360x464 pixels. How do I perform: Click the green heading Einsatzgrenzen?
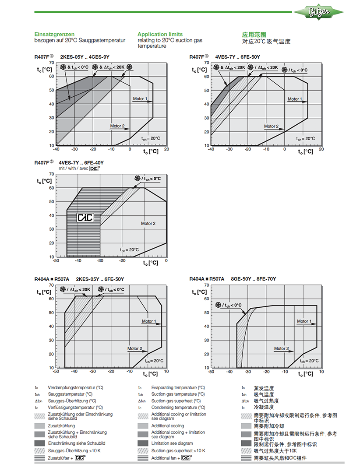point(54,34)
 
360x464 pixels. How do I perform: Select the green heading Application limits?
point(160,34)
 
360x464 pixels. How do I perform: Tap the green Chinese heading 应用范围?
point(254,35)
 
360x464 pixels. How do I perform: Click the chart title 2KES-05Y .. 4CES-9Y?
point(85,57)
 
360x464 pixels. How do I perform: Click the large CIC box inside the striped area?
point(85,218)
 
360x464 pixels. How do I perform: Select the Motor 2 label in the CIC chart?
point(148,224)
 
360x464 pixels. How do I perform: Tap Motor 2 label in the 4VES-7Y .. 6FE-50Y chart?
point(271,127)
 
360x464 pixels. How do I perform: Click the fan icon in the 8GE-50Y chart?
point(218,305)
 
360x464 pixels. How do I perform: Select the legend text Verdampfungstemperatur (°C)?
point(75,388)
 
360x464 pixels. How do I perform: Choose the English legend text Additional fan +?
point(166,457)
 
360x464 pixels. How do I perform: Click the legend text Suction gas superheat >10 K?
point(178,450)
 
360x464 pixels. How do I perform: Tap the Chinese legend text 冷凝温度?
point(264,408)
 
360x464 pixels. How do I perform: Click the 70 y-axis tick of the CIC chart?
point(52,174)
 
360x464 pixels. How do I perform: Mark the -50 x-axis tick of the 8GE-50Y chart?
point(211,372)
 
